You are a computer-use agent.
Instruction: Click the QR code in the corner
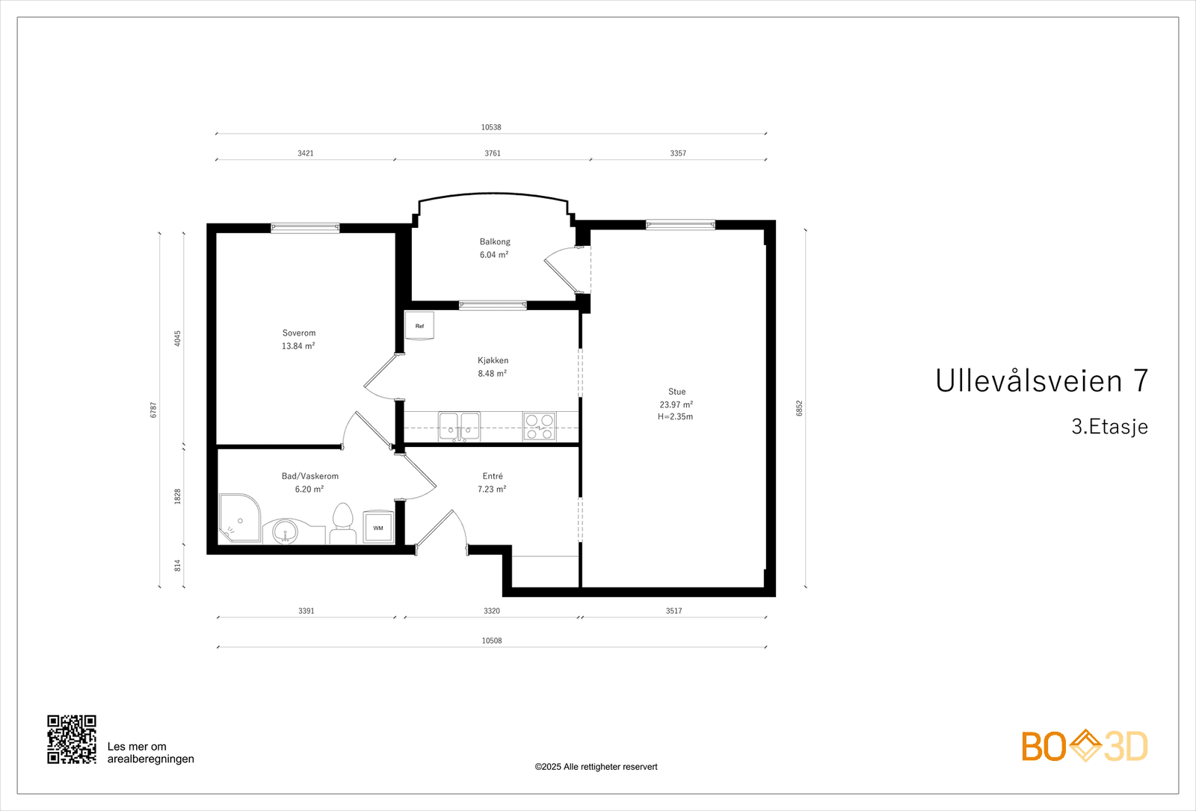[x=72, y=739]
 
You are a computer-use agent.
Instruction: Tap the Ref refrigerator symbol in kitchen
[x=419, y=326]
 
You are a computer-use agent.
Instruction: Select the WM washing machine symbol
[x=378, y=528]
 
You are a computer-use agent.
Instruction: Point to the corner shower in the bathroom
[x=239, y=518]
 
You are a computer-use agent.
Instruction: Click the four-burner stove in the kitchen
[x=539, y=426]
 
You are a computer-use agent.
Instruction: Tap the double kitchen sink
[x=459, y=426]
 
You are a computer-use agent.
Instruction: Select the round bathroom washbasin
[x=285, y=532]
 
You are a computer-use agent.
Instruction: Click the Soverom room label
[x=299, y=333]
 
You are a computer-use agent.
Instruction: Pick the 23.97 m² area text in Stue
[x=676, y=404]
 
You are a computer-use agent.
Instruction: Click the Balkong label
[x=495, y=241]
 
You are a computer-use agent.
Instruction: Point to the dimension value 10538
[x=491, y=127]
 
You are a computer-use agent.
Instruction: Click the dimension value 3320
[x=491, y=611]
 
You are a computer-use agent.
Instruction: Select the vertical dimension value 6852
[x=799, y=408]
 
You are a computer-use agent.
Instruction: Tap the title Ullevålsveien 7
[x=1041, y=381]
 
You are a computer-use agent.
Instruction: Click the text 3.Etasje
[x=1109, y=427]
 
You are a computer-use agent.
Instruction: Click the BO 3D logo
[x=1084, y=746]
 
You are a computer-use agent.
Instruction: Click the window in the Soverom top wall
[x=305, y=228]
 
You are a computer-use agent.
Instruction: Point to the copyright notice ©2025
[x=596, y=767]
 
